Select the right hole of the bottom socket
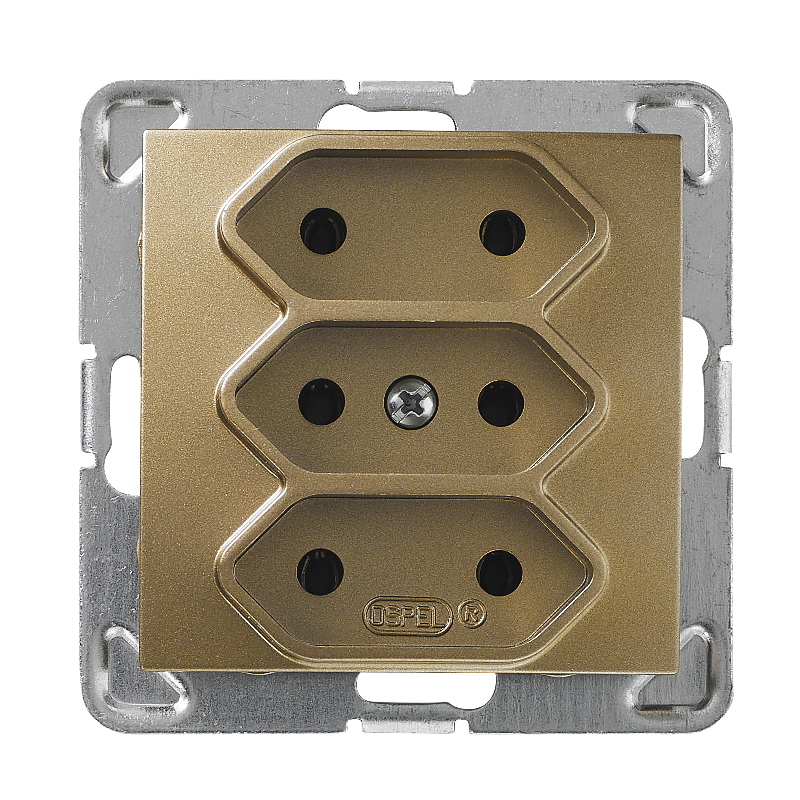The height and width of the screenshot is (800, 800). tap(500, 573)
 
